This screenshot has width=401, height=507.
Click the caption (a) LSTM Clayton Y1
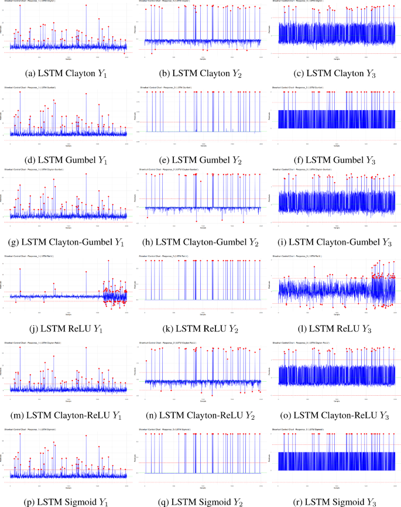point(67,73)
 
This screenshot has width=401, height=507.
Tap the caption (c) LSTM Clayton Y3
point(336,73)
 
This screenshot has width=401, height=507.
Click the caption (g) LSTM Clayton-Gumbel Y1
point(67,242)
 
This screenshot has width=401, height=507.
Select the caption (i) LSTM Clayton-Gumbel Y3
point(336,242)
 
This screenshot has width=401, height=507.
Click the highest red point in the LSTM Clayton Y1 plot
point(20,5)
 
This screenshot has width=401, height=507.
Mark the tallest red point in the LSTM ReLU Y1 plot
point(20,269)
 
